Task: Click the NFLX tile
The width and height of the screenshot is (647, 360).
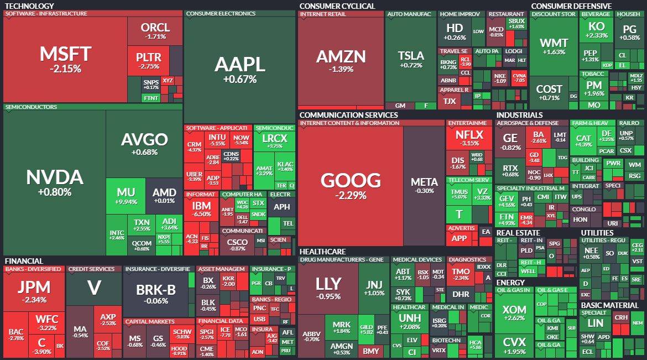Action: tap(469, 138)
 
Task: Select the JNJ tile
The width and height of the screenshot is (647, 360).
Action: tap(374, 288)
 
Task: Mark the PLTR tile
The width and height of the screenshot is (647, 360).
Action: tap(148, 60)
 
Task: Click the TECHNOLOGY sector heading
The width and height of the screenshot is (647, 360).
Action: tap(29, 6)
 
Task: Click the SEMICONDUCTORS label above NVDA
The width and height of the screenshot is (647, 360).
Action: tap(31, 107)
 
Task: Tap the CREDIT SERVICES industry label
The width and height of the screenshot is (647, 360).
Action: tap(91, 269)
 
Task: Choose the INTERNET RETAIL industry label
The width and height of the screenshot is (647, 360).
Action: tap(323, 14)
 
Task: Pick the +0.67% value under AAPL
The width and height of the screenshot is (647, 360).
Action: tap(240, 79)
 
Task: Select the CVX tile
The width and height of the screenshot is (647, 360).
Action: tap(514, 346)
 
